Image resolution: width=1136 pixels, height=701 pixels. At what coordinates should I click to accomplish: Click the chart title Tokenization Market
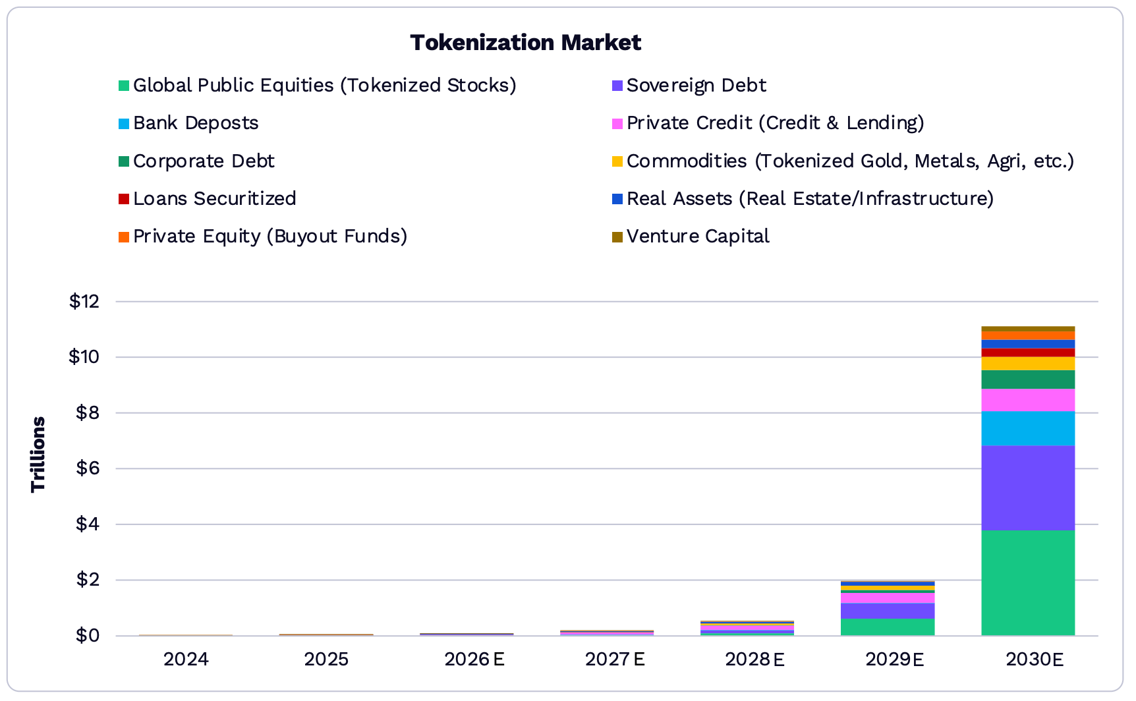[x=525, y=43]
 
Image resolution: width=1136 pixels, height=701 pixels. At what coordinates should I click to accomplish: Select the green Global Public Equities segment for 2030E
[x=1027, y=583]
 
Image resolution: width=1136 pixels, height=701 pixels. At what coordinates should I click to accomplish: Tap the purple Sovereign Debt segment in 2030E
[x=1027, y=488]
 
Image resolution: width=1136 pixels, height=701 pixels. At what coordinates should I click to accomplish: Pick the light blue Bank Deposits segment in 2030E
[x=1027, y=428]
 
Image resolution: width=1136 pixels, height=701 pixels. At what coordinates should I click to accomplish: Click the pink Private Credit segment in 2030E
[x=1027, y=400]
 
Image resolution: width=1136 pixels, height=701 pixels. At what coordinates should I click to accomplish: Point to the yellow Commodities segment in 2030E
[x=1027, y=364]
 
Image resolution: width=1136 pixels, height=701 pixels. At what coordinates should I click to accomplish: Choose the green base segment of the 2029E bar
[x=887, y=627]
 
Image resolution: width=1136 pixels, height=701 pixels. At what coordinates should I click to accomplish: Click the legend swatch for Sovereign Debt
[x=617, y=86]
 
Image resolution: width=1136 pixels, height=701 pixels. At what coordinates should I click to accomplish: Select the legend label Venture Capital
[x=698, y=237]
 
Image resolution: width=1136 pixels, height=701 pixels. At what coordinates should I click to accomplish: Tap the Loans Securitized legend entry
[x=214, y=199]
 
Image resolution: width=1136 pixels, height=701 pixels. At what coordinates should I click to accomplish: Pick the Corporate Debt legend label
[x=204, y=161]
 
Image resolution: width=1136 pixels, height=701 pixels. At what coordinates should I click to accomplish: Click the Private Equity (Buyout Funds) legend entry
[x=270, y=237]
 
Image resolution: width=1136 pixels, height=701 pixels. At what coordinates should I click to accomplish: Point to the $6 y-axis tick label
[x=87, y=468]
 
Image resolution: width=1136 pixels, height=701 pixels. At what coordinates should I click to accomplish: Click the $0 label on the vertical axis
[x=87, y=636]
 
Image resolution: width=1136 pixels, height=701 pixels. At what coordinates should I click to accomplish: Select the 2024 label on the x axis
[x=186, y=659]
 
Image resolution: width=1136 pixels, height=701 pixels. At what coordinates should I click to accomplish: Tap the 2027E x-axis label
[x=615, y=659]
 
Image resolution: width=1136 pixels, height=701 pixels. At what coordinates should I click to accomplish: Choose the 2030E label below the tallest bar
[x=1035, y=659]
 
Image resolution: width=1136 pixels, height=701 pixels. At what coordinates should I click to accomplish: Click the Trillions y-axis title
[x=38, y=454]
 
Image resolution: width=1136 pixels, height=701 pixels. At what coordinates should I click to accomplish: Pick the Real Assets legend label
[x=810, y=199]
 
